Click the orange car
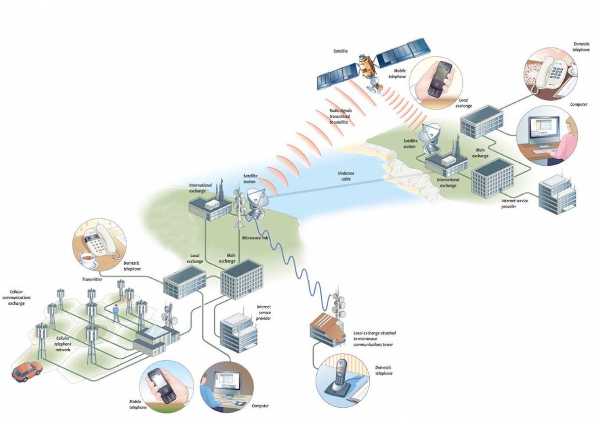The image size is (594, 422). click(x=27, y=372)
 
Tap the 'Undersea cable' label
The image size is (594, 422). click(x=346, y=176)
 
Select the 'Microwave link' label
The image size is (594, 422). click(x=255, y=238)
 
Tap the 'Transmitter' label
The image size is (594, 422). click(x=92, y=279)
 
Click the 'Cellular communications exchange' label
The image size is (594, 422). click(x=16, y=297)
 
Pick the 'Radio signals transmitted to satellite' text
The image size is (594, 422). click(x=340, y=116)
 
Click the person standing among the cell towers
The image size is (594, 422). click(x=116, y=313)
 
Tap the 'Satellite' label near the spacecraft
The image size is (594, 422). click(x=341, y=51)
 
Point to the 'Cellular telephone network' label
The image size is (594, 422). click(x=63, y=344)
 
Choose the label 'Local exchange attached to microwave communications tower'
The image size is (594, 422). click(x=374, y=339)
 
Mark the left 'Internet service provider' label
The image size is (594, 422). click(x=263, y=313)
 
